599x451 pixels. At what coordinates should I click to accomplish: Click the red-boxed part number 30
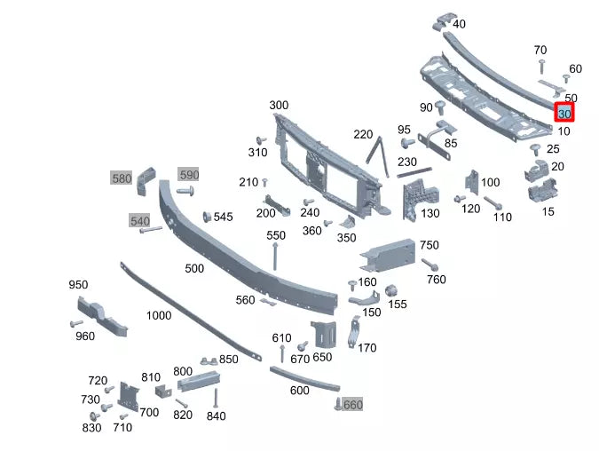(x=564, y=113)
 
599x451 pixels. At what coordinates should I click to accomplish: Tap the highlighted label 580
(x=121, y=178)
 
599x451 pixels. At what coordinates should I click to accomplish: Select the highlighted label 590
(x=189, y=174)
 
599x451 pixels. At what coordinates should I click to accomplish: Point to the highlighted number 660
(x=352, y=405)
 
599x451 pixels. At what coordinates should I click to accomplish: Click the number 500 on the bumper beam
(x=193, y=268)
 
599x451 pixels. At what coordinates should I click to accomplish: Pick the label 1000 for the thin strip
(x=159, y=315)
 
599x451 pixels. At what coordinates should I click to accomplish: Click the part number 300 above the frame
(x=279, y=106)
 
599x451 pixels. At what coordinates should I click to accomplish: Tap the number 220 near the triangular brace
(x=363, y=135)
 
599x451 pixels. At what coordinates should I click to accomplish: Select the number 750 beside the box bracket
(x=429, y=245)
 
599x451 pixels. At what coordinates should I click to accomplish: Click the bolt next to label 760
(x=430, y=265)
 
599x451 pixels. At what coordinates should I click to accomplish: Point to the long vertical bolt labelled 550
(x=276, y=256)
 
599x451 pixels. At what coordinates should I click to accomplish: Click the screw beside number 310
(x=261, y=140)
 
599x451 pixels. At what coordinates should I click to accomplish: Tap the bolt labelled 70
(x=540, y=66)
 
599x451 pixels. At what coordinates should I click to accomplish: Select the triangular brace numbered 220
(x=379, y=158)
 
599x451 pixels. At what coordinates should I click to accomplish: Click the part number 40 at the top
(x=459, y=24)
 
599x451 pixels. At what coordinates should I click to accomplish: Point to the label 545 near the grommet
(x=223, y=217)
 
